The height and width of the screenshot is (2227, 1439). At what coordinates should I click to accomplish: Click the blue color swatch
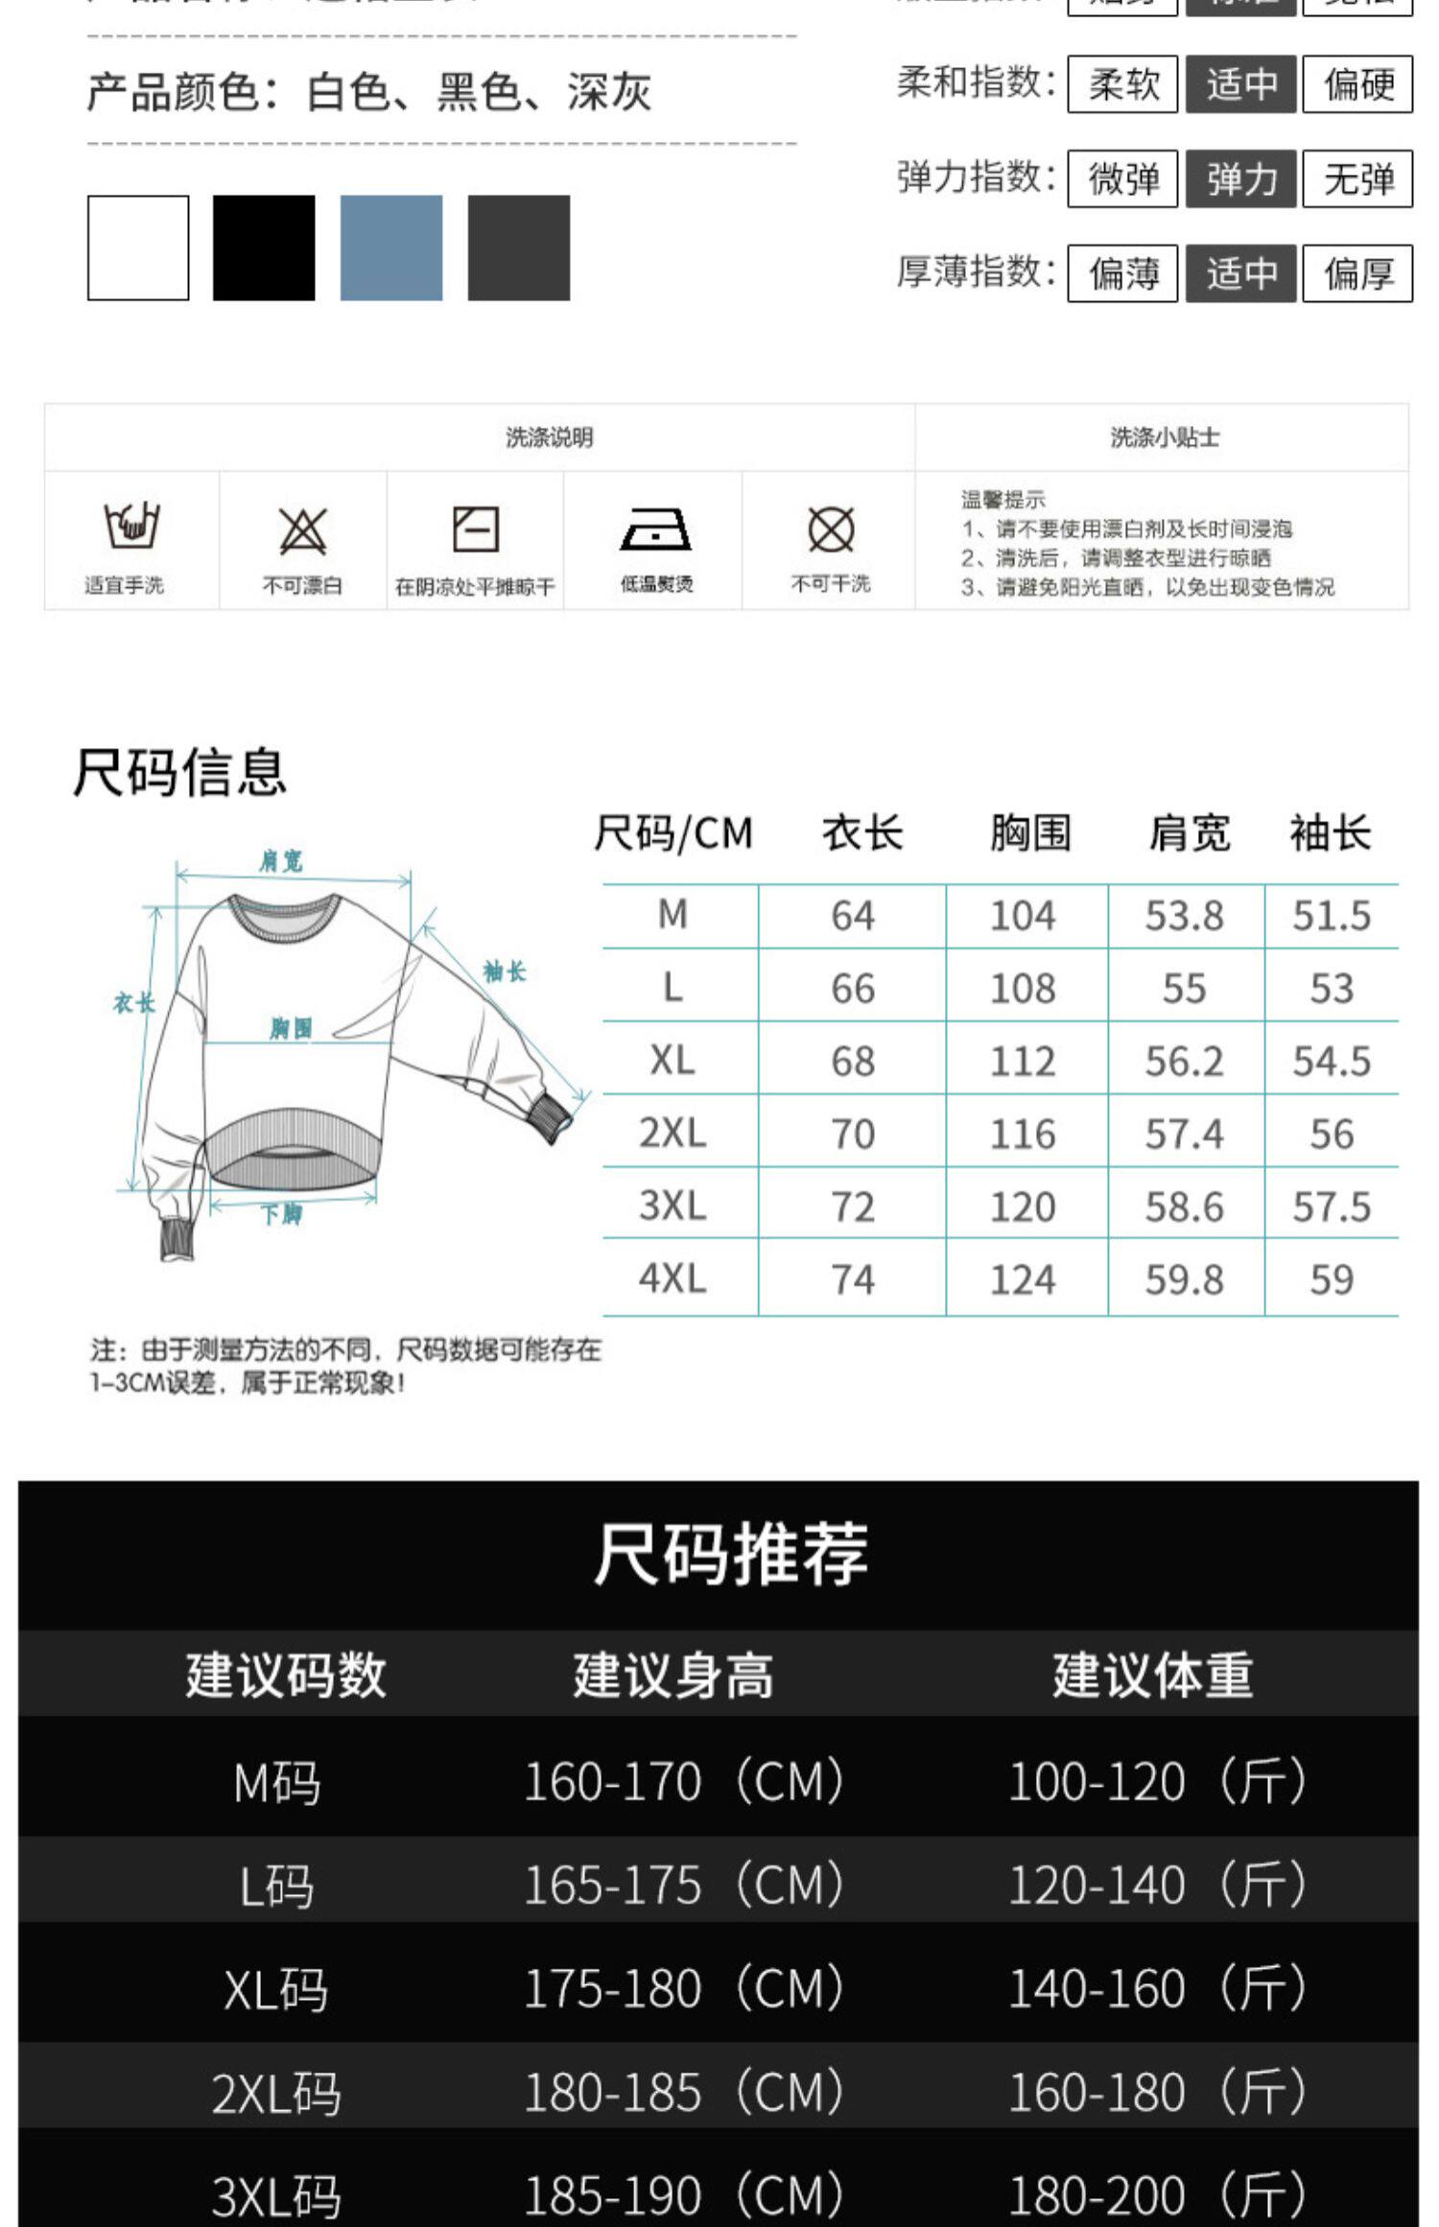click(x=391, y=247)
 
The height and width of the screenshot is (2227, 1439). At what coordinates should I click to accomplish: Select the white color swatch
click(x=138, y=247)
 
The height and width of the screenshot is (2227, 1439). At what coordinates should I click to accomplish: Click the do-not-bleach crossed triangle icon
click(x=303, y=530)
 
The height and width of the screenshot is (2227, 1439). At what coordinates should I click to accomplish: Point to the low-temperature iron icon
click(x=656, y=529)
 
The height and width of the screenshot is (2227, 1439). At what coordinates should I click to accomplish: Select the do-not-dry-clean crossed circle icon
click(x=831, y=529)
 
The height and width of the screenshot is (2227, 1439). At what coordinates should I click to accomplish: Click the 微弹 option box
click(x=1122, y=178)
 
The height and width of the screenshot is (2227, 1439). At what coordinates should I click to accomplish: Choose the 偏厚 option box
click(x=1357, y=273)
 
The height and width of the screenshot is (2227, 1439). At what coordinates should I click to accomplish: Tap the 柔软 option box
click(x=1122, y=84)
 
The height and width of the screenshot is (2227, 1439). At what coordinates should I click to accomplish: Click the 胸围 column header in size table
click(x=1030, y=832)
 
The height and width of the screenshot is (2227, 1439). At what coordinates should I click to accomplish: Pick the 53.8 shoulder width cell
click(x=1185, y=916)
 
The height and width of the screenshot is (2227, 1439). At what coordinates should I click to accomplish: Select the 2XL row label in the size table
click(x=672, y=1133)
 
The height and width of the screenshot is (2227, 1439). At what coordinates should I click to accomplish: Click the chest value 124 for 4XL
click(x=1023, y=1279)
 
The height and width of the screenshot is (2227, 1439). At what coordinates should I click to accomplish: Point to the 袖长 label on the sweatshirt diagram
click(x=505, y=972)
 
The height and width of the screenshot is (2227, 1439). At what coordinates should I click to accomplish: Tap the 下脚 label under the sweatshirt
click(x=281, y=1214)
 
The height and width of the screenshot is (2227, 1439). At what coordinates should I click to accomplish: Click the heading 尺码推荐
click(x=731, y=1555)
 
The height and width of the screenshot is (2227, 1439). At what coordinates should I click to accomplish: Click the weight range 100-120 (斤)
click(x=1157, y=1782)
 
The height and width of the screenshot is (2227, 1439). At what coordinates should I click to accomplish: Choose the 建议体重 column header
click(x=1152, y=1676)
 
